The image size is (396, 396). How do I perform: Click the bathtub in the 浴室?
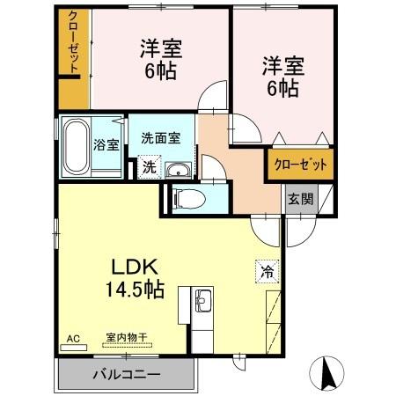pyautogui.click(x=76, y=145)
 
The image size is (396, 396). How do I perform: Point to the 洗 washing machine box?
pyautogui.click(x=150, y=165)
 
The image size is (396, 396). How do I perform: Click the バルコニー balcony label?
pyautogui.click(x=127, y=374)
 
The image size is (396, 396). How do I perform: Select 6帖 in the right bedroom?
pyautogui.click(x=281, y=88)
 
